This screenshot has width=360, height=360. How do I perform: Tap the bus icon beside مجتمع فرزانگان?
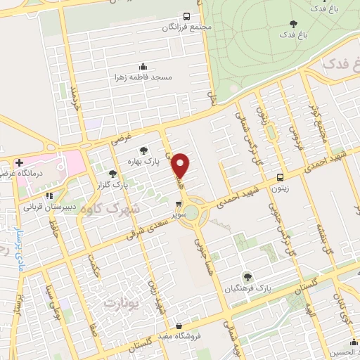click(186, 16)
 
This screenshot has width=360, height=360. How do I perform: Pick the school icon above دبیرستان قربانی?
click(49, 196)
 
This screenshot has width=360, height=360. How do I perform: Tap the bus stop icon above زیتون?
click(280, 178)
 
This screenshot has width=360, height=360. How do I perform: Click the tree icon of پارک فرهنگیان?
click(247, 276)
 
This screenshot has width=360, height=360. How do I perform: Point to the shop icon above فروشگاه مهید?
click(181, 326)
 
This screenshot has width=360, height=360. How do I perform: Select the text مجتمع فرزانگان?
click(186, 27)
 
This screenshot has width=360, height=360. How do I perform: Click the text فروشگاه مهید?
click(180, 336)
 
